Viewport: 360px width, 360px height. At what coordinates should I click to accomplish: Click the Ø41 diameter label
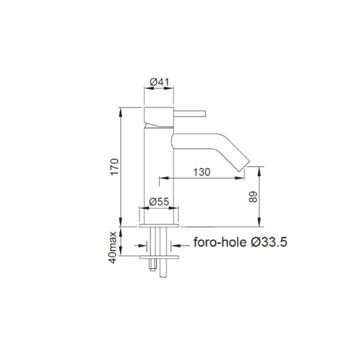point(159,81)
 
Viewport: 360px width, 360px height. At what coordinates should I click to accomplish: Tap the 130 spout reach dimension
point(202,172)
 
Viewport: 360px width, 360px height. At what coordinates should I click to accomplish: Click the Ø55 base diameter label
point(160,202)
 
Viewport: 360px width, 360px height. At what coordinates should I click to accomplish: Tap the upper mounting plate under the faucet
point(160,228)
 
